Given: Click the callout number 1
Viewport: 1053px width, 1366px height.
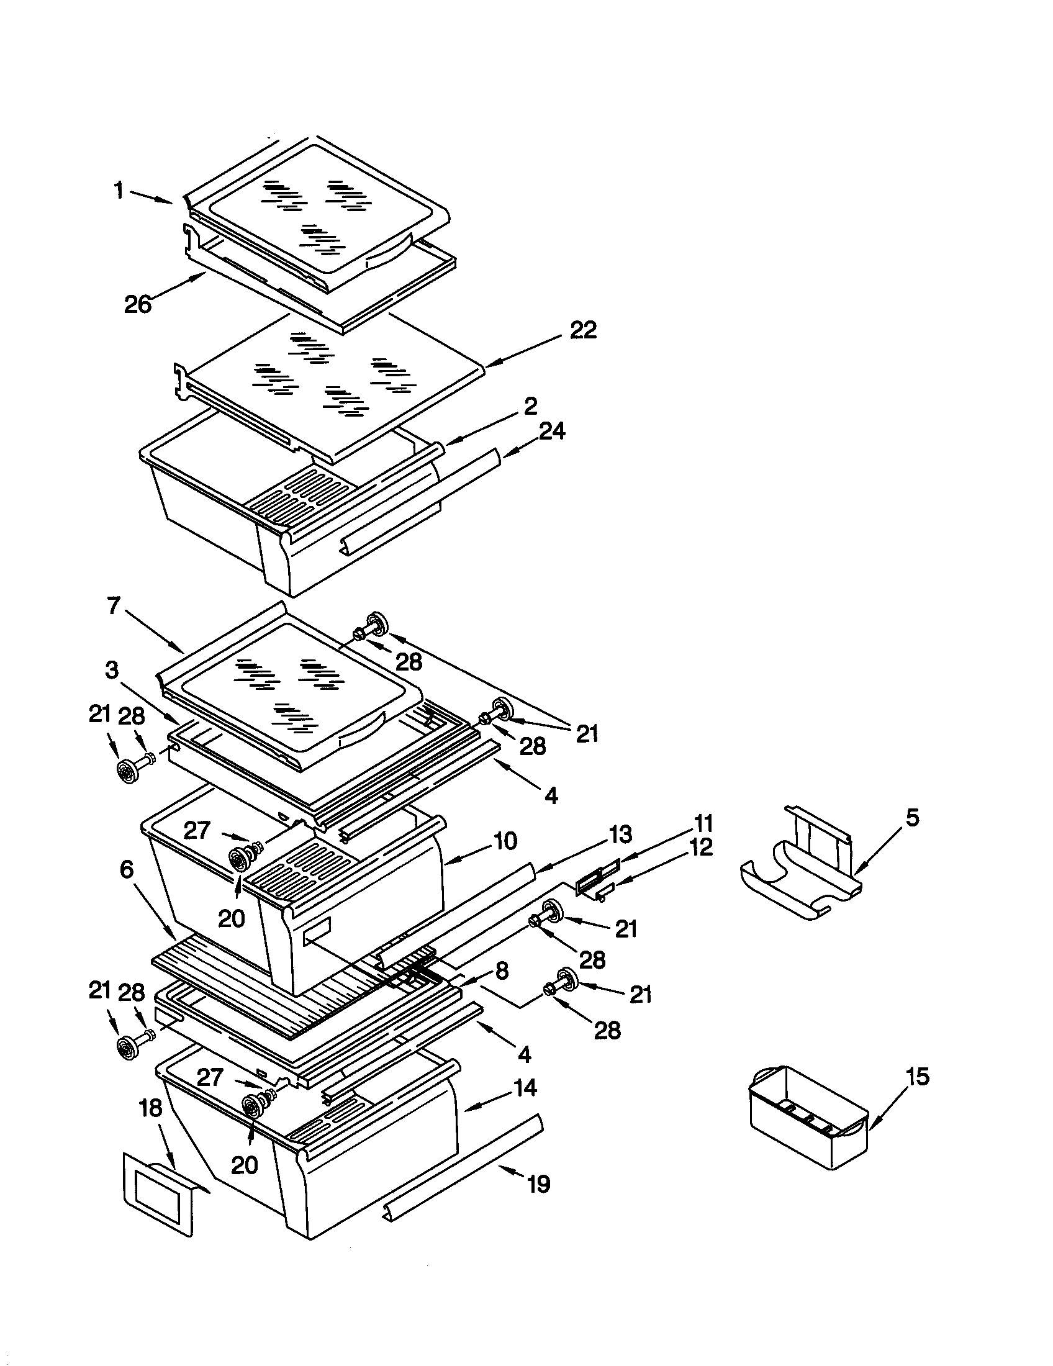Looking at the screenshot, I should (x=118, y=190).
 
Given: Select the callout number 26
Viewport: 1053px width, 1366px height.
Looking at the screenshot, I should (x=138, y=304).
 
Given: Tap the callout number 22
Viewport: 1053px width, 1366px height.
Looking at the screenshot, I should (x=583, y=330).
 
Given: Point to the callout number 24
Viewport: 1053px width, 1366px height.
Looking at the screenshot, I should (x=551, y=431).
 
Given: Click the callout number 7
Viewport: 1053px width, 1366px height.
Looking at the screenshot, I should (x=112, y=605).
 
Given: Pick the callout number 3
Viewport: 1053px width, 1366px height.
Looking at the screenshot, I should (x=111, y=670).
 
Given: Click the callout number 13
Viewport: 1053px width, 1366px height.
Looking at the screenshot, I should (x=620, y=834).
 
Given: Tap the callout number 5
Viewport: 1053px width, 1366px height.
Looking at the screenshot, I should (x=912, y=818).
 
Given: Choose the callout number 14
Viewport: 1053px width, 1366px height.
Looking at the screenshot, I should (x=525, y=1088).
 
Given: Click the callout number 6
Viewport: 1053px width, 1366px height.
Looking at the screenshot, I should (x=127, y=869).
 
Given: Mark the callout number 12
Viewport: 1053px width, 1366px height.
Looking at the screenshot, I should (x=700, y=848).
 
